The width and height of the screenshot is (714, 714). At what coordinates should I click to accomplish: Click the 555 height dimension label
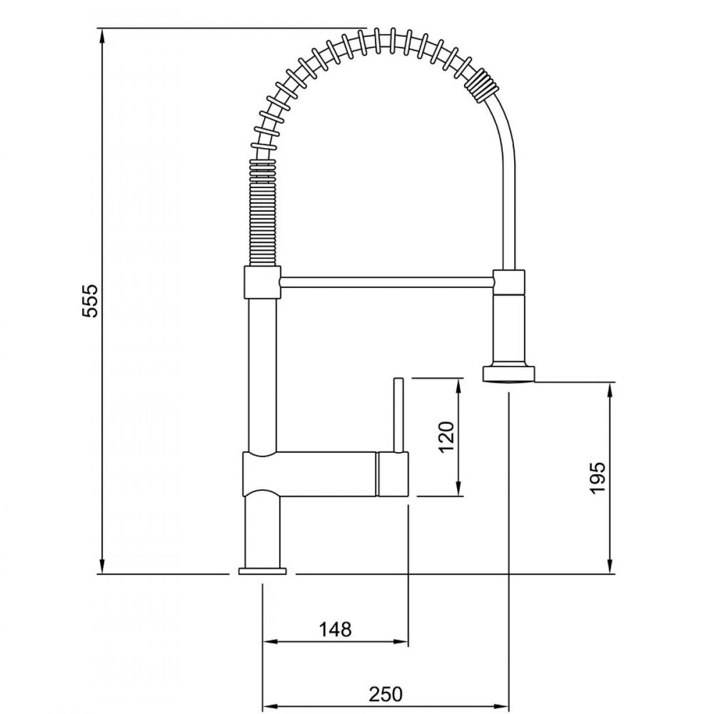pos(89,301)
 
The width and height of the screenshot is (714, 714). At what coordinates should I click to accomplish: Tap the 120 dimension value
pos(446,438)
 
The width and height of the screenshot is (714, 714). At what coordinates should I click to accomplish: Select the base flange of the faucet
pos(263,581)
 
